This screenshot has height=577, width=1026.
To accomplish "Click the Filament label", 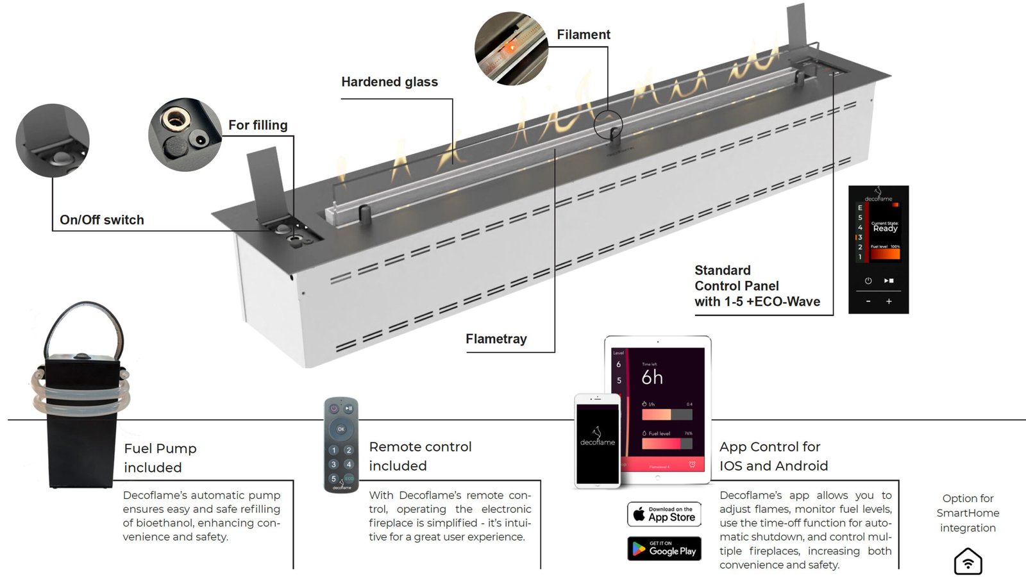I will pyautogui.click(x=583, y=35).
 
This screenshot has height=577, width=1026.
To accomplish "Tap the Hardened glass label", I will pyautogui.click(x=389, y=82).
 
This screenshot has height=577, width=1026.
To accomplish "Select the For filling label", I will pyautogui.click(x=258, y=125).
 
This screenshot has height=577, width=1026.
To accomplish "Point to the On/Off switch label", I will pyautogui.click(x=102, y=220).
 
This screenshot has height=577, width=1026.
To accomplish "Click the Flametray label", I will pyautogui.click(x=496, y=339).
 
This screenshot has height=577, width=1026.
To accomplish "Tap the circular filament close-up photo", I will pyautogui.click(x=511, y=48).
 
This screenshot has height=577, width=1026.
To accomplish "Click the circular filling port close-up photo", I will pyautogui.click(x=185, y=135).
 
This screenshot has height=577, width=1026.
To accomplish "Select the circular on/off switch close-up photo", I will pyautogui.click(x=53, y=140).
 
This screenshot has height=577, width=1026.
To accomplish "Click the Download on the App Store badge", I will pyautogui.click(x=664, y=514).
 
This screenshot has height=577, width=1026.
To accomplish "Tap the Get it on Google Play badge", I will pyautogui.click(x=664, y=549).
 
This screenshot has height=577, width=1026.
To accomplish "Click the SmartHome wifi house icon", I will pyautogui.click(x=968, y=562).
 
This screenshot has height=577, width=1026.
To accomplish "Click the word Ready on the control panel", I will pyautogui.click(x=885, y=228).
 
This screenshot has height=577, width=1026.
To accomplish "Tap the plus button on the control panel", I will pyautogui.click(x=889, y=301).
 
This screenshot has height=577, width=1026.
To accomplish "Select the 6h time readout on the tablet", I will pyautogui.click(x=652, y=378).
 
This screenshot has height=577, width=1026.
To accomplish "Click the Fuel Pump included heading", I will pyautogui.click(x=160, y=458).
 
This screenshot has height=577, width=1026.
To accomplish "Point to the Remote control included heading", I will pyautogui.click(x=420, y=456).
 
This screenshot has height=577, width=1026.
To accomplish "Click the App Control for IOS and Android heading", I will pyautogui.click(x=773, y=456).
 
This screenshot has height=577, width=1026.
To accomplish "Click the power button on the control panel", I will pyautogui.click(x=868, y=281).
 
